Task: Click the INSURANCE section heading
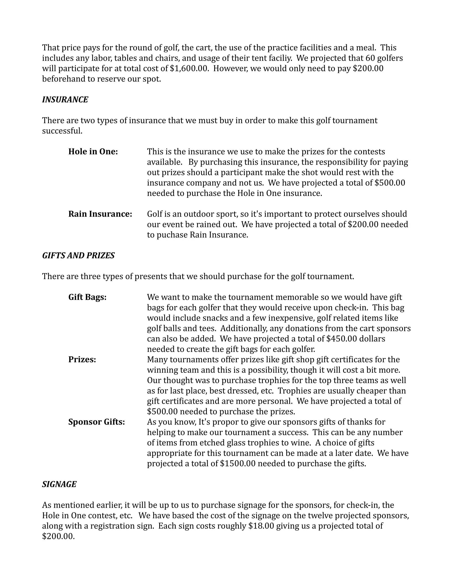point(65,100)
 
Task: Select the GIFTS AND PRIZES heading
point(78,255)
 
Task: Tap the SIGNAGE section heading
point(59,484)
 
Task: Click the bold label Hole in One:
point(93,152)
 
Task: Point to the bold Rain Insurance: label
point(100,214)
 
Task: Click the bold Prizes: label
point(82,359)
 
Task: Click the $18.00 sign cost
point(261,526)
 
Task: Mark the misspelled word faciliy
point(278,58)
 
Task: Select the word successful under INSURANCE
point(62,131)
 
